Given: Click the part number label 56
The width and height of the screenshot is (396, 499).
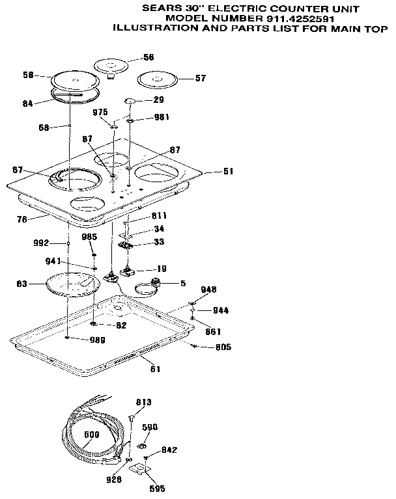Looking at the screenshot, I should point(148,57).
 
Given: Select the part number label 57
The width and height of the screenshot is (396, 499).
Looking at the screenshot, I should point(201,78).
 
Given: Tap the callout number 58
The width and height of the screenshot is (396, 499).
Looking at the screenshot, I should point(27,75).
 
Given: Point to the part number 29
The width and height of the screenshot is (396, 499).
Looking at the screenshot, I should point(158,100).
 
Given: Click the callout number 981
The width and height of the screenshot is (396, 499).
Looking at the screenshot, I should point(162,118).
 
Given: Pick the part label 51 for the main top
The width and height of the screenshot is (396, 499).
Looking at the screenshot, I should point(228,172).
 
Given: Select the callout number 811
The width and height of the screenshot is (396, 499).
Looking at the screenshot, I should point(160,215).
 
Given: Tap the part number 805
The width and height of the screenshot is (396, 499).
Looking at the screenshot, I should point(223,347).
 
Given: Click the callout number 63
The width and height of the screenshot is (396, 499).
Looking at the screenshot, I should point(21,284).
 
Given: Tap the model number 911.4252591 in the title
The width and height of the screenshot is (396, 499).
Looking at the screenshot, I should point(308,18).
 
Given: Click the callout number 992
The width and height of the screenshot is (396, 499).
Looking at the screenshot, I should point(41,243).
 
